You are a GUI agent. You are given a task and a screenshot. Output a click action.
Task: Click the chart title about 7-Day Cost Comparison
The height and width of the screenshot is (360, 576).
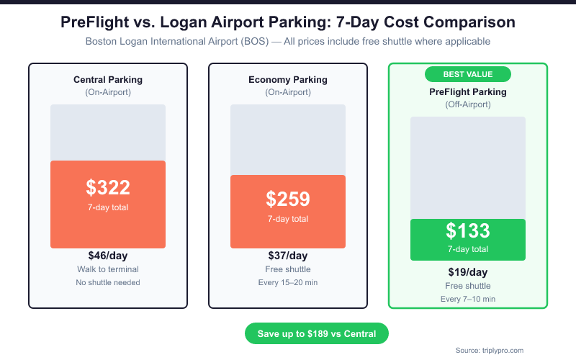point(288,23)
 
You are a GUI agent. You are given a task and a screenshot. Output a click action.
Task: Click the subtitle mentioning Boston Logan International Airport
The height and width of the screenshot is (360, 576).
point(288,42)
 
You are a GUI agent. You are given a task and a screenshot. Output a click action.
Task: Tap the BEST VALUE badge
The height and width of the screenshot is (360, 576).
point(468,74)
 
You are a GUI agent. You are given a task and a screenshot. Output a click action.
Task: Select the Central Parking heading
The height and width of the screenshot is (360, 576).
point(108,79)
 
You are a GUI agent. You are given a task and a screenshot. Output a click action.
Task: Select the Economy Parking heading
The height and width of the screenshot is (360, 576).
point(288,79)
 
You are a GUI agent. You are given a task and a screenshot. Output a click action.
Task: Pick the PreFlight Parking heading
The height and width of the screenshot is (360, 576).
point(468,91)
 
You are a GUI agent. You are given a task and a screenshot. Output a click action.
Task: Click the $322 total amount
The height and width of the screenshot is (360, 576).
point(108,188)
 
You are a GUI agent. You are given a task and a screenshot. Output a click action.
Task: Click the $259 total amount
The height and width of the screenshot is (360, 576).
point(288,199)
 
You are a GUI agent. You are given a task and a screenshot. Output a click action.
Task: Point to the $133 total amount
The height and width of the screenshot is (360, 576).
point(468,231)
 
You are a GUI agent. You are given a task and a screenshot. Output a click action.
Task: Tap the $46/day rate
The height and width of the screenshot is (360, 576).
point(108,256)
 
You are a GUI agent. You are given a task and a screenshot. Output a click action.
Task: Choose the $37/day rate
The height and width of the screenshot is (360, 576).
point(288,256)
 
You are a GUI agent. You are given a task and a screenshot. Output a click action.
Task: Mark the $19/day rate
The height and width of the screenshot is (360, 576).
point(468,272)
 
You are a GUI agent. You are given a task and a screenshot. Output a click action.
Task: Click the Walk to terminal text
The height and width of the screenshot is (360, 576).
point(108,269)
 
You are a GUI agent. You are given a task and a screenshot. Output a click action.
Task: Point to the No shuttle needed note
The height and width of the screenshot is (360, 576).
point(108,282)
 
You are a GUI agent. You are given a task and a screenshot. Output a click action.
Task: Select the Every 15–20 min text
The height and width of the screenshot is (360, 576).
point(288,282)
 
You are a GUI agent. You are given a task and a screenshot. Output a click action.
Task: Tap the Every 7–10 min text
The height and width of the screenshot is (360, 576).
point(468,299)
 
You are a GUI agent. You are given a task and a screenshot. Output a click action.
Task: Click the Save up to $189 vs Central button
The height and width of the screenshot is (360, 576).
point(317,333)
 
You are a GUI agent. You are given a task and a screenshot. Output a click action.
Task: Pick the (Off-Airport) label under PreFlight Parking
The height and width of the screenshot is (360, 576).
point(468,104)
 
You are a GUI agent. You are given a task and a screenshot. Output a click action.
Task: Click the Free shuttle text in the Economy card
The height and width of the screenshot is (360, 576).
point(288,269)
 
